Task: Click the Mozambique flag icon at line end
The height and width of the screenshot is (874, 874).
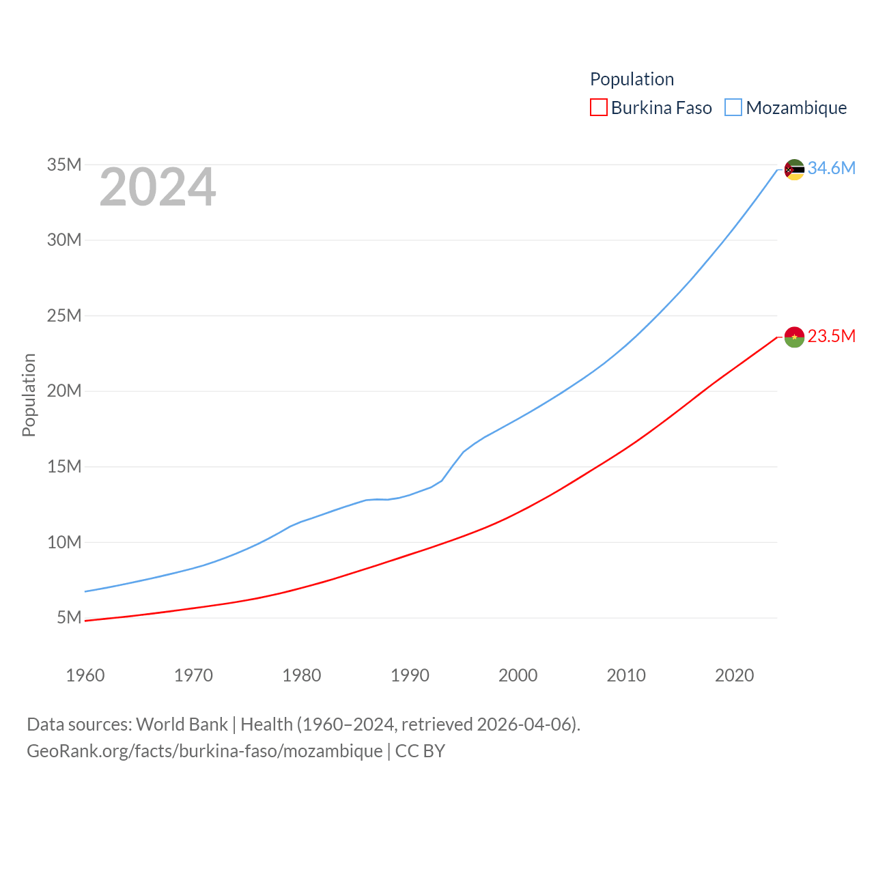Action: pos(794,169)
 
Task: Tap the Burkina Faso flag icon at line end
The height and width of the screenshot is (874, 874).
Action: pos(794,337)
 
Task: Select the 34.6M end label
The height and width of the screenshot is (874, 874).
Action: pos(831,168)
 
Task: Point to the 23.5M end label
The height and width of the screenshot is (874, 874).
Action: pos(831,336)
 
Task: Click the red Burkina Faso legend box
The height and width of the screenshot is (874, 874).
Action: pos(599,108)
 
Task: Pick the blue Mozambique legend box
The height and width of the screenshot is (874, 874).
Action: pos(733,108)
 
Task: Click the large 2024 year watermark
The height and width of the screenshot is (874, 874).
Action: pos(158,187)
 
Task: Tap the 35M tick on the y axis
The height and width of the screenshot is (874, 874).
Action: pos(64,165)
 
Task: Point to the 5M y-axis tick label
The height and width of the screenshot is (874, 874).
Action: pos(69,617)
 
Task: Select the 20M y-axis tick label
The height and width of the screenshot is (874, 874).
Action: pos(64,391)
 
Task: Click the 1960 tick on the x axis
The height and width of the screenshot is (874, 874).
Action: pos(85,675)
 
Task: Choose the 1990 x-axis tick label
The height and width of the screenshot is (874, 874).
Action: pos(410,675)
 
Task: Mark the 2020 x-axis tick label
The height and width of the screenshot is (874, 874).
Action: pos(734,675)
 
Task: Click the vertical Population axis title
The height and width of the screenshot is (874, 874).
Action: pos(29,395)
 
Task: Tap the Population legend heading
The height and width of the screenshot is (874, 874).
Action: pos(632,79)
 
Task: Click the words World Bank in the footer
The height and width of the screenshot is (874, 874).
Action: pos(182,724)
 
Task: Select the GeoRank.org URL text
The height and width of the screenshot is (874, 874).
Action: pos(204,751)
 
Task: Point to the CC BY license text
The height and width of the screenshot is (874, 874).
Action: pos(420,751)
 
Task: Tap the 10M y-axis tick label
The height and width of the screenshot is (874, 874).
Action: pos(64,542)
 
